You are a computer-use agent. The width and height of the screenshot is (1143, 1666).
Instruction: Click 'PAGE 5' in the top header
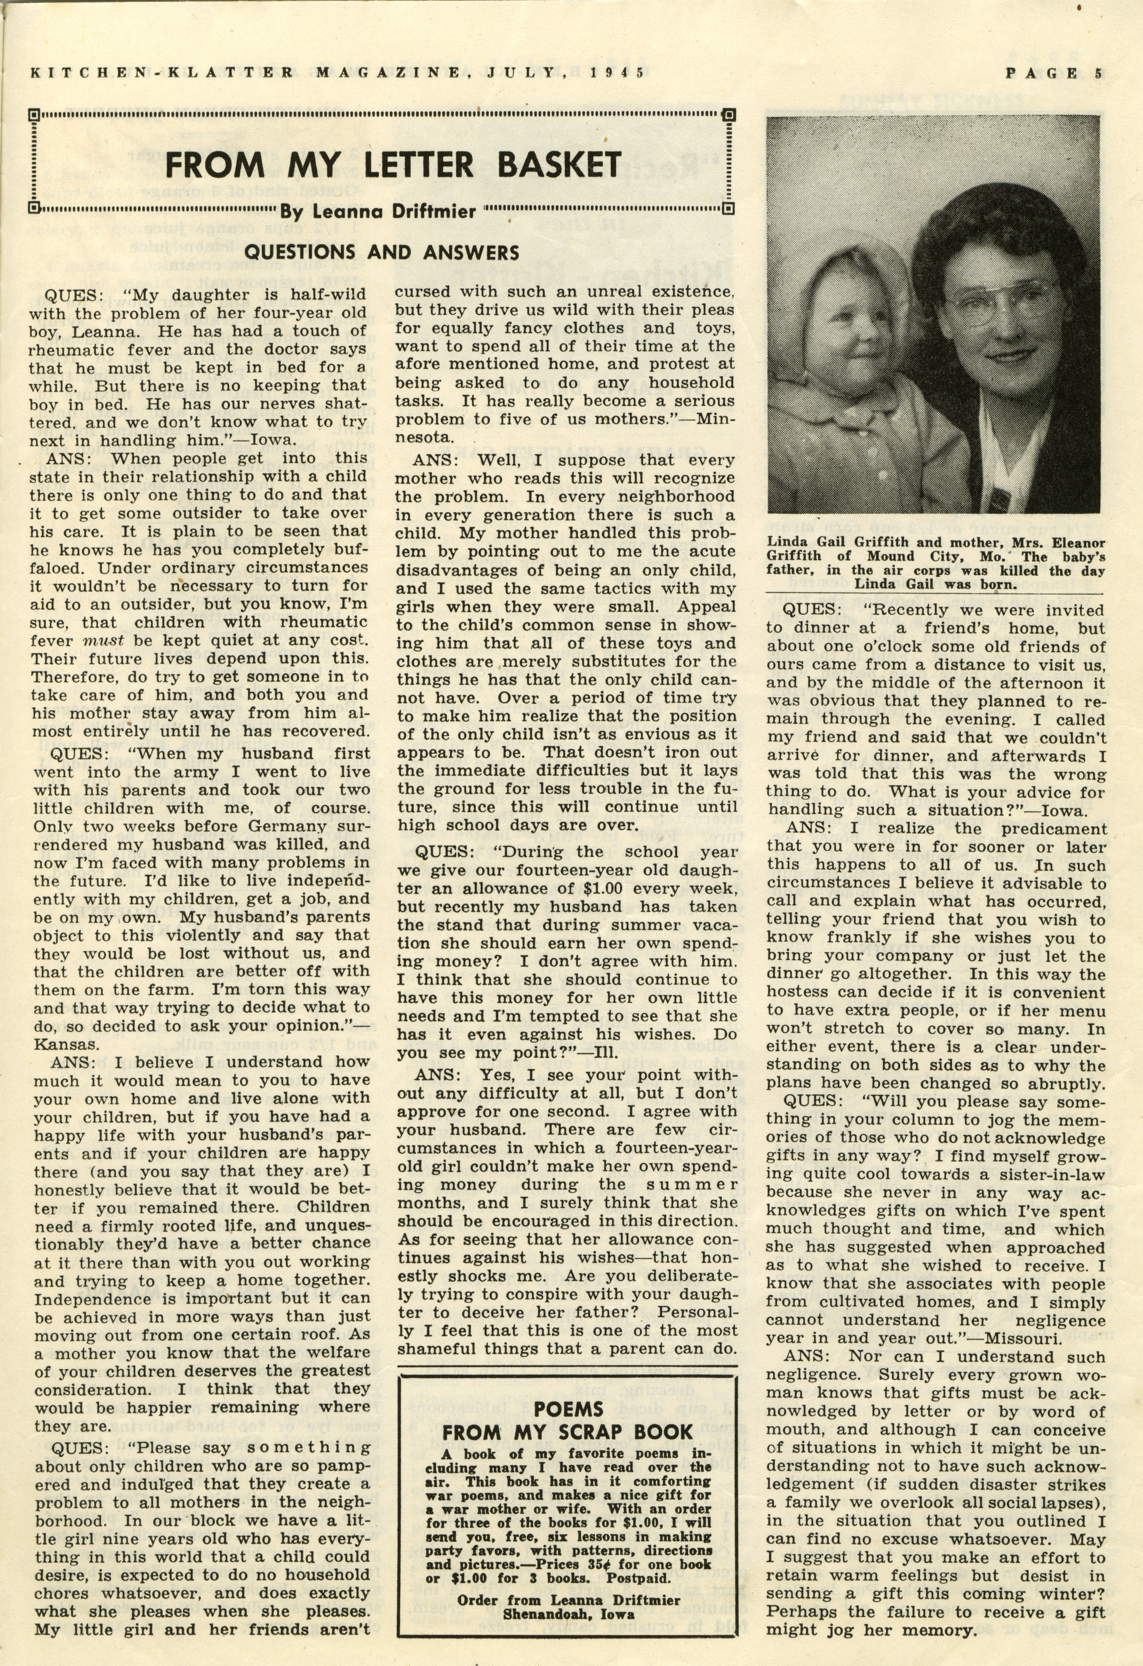1053,72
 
